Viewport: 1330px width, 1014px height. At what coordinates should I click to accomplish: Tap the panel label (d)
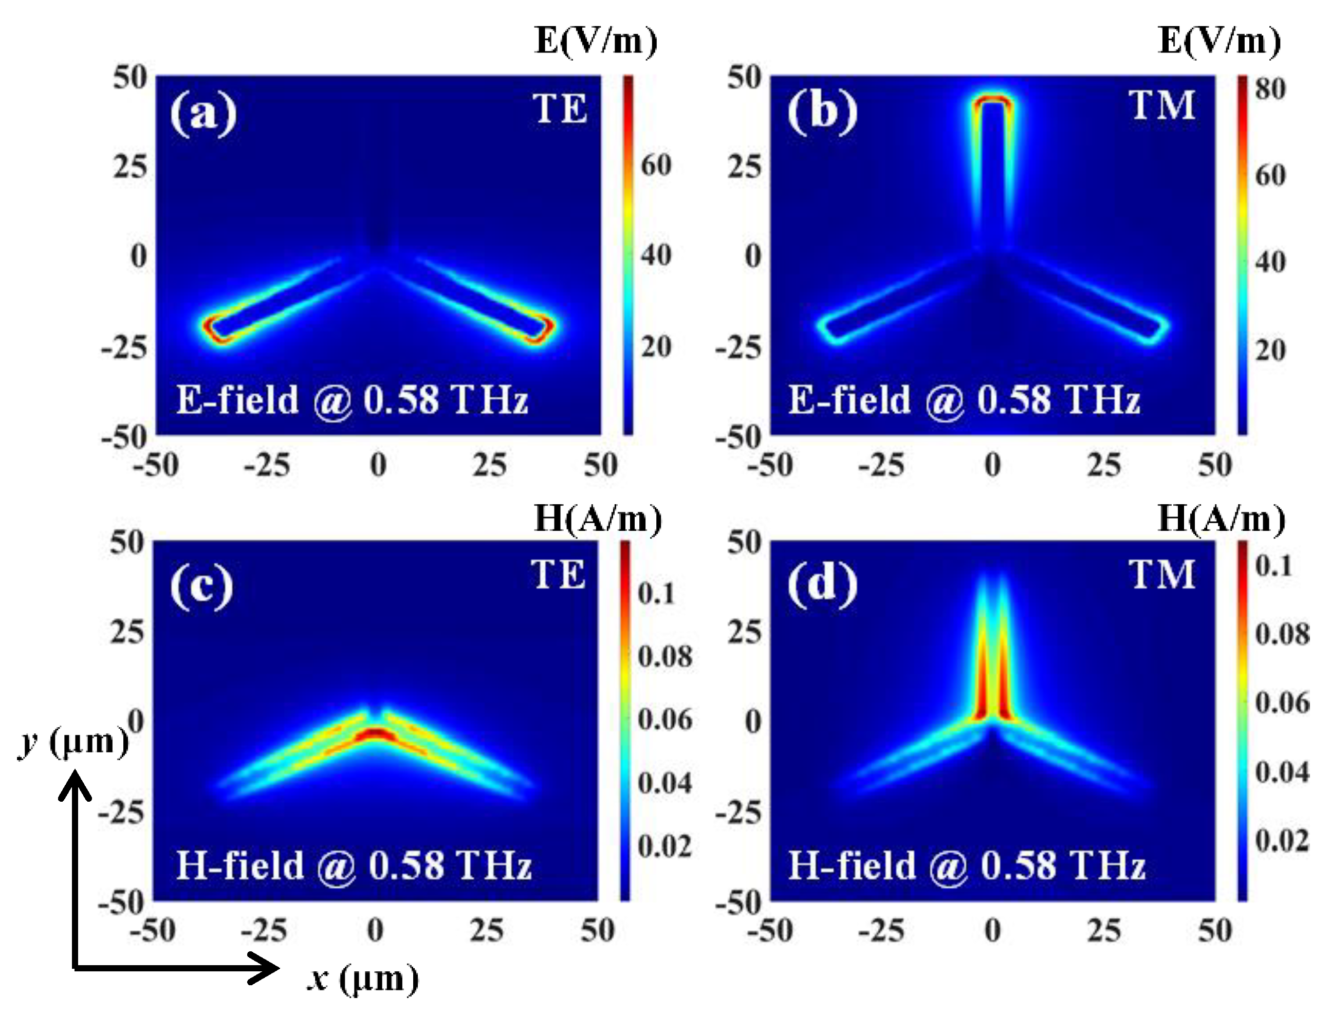pyautogui.click(x=822, y=584)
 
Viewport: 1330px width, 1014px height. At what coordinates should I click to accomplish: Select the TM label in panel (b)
pyautogui.click(x=1161, y=106)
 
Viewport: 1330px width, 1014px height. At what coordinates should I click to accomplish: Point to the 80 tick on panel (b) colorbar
pyautogui.click(x=1270, y=89)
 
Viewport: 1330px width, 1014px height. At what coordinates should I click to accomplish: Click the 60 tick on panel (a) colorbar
pyautogui.click(x=655, y=165)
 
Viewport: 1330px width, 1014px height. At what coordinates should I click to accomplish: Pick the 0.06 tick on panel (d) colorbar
pyautogui.click(x=1282, y=703)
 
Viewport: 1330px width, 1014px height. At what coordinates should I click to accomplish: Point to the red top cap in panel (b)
pyautogui.click(x=992, y=100)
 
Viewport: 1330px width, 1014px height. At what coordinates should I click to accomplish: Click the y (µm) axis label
pyautogui.click(x=72, y=741)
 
